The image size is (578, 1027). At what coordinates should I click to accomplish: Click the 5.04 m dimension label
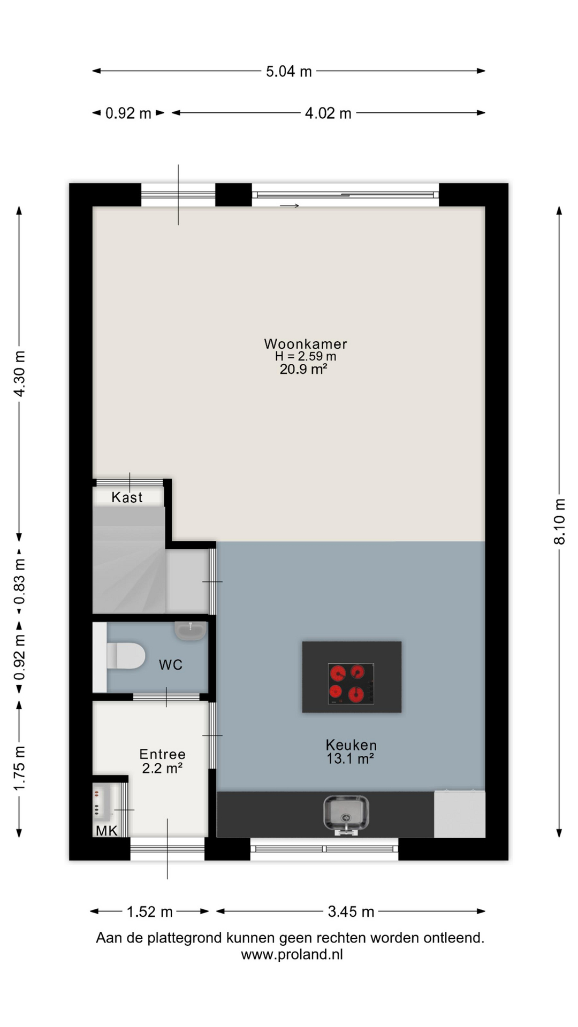click(x=288, y=71)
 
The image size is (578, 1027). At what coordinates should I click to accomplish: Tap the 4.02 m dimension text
click(x=328, y=113)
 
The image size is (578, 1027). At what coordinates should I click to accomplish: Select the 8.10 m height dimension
click(x=559, y=522)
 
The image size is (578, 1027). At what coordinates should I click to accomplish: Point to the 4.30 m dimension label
click(x=19, y=374)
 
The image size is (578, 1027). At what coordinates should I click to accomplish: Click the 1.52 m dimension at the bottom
click(x=149, y=911)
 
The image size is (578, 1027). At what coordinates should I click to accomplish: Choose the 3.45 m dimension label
click(x=351, y=911)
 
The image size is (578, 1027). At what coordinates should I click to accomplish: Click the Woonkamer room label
click(x=306, y=344)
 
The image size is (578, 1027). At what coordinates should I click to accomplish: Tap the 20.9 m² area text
click(x=303, y=369)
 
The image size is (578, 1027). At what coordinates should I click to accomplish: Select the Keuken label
click(x=351, y=745)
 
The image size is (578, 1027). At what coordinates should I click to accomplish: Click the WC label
click(x=171, y=665)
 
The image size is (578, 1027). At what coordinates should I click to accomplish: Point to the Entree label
click(x=162, y=754)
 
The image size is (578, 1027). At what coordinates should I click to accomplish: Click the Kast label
click(x=127, y=497)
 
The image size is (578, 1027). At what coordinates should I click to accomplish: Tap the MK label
click(x=107, y=831)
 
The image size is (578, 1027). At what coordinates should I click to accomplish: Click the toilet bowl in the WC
click(x=126, y=656)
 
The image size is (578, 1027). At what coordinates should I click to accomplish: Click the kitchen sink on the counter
click(x=346, y=814)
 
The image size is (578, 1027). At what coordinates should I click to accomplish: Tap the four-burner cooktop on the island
click(x=351, y=684)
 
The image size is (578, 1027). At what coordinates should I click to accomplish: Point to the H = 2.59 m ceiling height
click(x=306, y=356)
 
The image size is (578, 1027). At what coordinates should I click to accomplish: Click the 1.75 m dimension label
click(x=19, y=768)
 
